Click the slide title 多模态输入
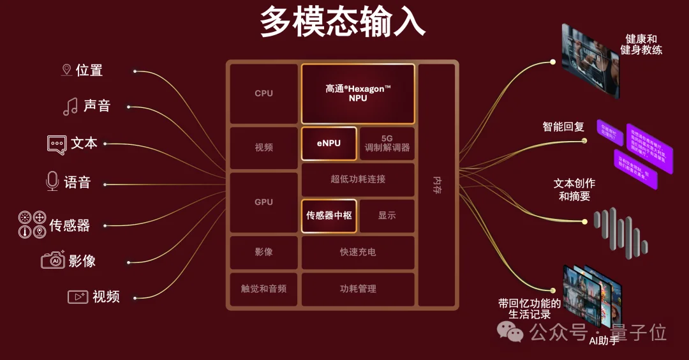[x=343, y=24]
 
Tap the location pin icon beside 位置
[x=66, y=70]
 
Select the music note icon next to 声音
[x=70, y=106]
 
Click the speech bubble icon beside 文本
[x=57, y=144]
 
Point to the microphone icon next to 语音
[x=52, y=182]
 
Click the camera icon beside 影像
[x=53, y=260]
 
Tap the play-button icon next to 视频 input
[x=78, y=297]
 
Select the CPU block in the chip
[x=263, y=93]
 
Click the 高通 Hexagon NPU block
[x=358, y=93]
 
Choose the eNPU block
[x=329, y=144]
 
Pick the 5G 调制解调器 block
[x=387, y=144]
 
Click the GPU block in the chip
[x=263, y=202]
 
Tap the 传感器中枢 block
[x=329, y=216]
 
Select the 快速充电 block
[x=358, y=252]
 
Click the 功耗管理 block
[x=358, y=289]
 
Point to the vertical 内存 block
[x=437, y=185]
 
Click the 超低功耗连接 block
[x=358, y=179]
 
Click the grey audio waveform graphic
[x=620, y=230]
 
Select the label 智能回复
[x=563, y=126]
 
